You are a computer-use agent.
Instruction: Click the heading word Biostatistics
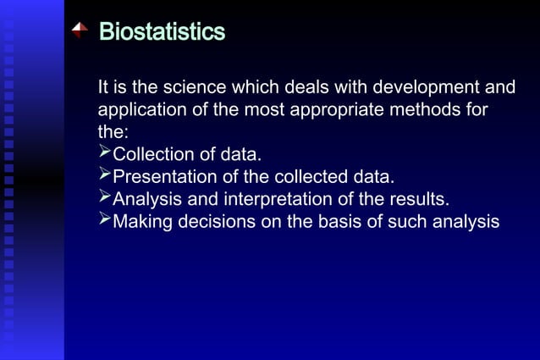[162, 32]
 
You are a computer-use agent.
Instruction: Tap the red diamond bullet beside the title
[80, 31]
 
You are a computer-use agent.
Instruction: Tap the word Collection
[153, 155]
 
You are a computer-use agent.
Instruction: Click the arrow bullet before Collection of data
[105, 153]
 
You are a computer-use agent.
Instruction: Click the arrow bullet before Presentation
[105, 175]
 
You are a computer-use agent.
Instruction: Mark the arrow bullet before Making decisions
[105, 220]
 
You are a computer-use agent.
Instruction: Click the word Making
[142, 222]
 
